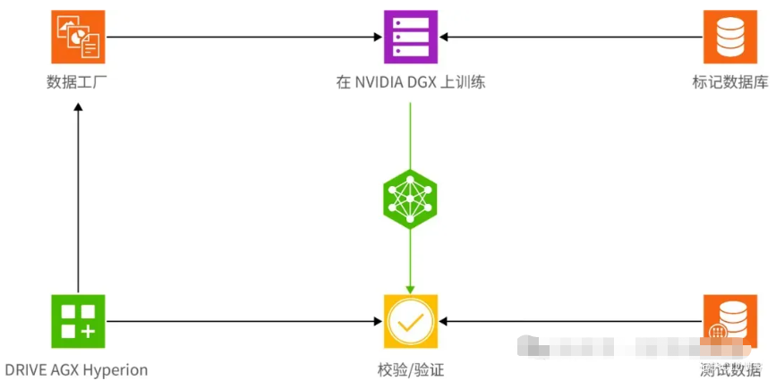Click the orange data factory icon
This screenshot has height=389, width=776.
tap(78, 37)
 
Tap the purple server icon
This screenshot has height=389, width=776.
tap(410, 37)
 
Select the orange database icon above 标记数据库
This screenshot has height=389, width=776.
tap(729, 37)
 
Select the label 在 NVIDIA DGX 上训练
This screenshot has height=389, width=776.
tap(410, 83)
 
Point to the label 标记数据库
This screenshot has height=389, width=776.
tap(729, 83)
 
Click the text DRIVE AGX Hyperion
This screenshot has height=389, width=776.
tap(77, 369)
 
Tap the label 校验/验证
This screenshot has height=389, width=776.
tap(411, 369)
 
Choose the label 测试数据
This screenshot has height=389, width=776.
tap(730, 369)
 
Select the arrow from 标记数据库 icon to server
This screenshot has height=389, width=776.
tap(573, 37)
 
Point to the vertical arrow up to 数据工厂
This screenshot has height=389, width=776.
tap(78, 197)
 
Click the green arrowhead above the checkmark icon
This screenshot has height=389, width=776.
tap(410, 288)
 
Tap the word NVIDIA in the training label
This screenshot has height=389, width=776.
tap(379, 83)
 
